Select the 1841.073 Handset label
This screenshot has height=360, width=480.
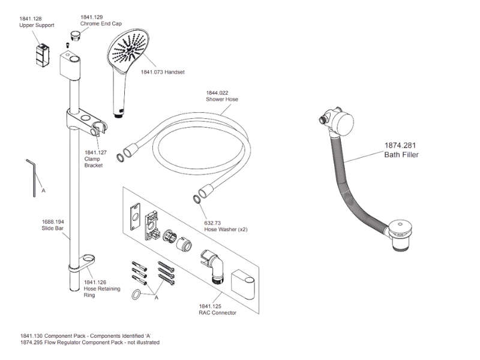[162, 72]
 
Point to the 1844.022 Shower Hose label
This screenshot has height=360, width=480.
[221, 96]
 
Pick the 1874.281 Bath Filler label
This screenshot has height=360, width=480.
[401, 149]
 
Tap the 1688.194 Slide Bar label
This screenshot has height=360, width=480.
[53, 225]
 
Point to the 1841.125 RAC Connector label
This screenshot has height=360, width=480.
[218, 309]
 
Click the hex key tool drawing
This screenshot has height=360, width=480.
[32, 177]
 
